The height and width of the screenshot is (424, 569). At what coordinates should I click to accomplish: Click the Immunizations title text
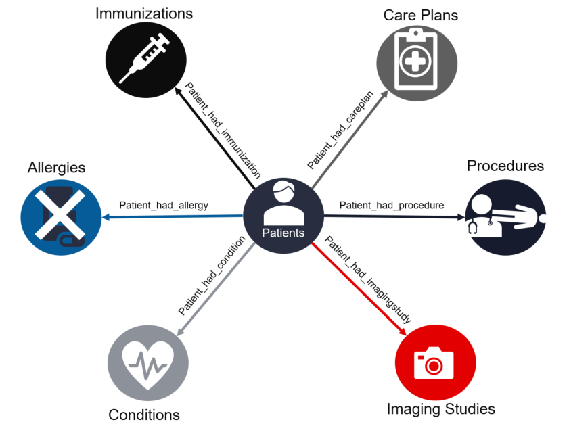(x=143, y=14)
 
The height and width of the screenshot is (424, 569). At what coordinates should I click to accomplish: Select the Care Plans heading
(x=420, y=15)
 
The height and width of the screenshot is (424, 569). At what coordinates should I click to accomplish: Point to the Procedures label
(x=505, y=166)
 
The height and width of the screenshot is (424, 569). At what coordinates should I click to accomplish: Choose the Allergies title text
(x=56, y=167)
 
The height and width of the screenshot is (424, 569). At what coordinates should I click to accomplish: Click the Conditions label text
(x=144, y=415)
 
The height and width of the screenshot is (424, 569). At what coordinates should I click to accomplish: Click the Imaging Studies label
(x=440, y=409)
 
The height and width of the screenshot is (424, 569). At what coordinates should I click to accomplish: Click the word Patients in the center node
(x=283, y=233)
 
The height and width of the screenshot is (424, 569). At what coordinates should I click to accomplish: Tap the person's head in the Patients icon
(x=283, y=192)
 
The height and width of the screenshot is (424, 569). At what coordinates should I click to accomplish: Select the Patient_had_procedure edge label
(x=391, y=205)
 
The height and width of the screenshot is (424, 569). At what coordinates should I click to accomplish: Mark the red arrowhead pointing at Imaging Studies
(x=403, y=331)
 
